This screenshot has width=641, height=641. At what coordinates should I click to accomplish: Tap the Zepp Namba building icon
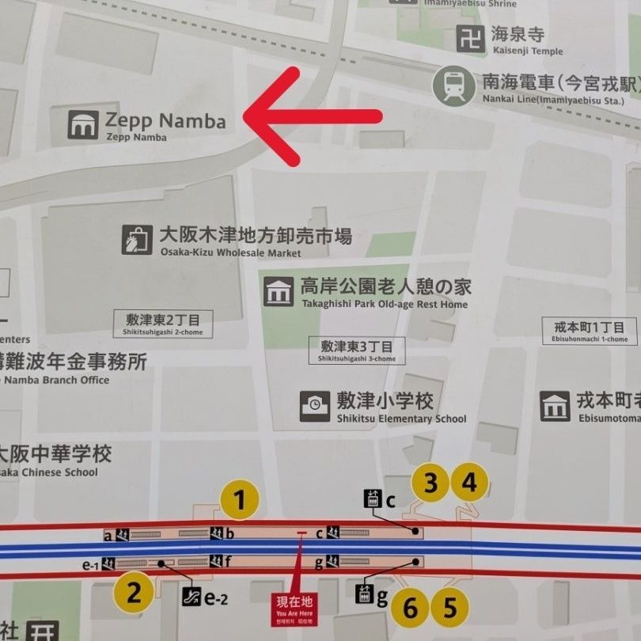click(x=83, y=125)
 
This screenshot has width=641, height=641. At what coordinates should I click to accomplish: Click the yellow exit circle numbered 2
click(x=134, y=593)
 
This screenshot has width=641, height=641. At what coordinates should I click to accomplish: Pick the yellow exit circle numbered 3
click(x=430, y=483)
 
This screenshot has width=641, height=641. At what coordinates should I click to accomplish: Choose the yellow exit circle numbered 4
click(x=470, y=483)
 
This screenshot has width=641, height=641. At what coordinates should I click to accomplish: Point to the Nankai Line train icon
click(x=454, y=87)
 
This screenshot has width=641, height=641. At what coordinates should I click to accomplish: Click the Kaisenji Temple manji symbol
click(x=471, y=39)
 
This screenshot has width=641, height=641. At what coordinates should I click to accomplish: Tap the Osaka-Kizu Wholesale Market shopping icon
click(x=137, y=240)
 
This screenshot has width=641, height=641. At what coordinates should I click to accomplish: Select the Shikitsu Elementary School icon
click(x=315, y=406)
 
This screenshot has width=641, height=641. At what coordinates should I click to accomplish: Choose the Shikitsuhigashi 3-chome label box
click(x=357, y=351)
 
